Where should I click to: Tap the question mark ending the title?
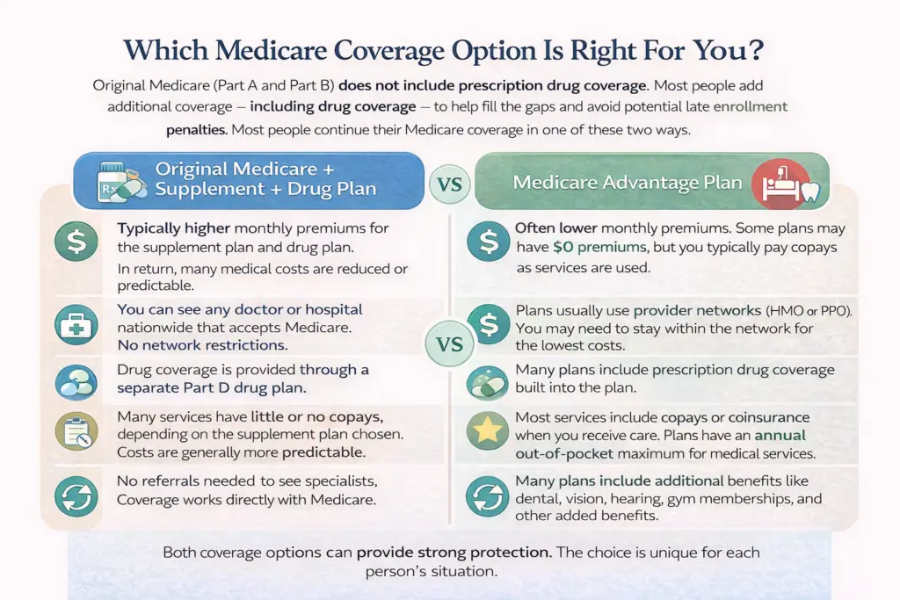click(x=756, y=50)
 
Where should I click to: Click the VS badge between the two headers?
click(x=449, y=184)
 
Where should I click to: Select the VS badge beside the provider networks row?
click(x=449, y=344)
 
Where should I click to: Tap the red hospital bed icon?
click(x=780, y=184)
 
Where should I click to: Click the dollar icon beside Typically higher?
click(x=76, y=242)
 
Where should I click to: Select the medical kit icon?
click(x=76, y=325)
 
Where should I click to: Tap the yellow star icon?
click(x=487, y=430)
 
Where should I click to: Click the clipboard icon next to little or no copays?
click(x=76, y=431)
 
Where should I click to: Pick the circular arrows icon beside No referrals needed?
click(x=76, y=496)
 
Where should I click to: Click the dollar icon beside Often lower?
click(x=489, y=242)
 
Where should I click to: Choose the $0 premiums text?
click(x=592, y=247)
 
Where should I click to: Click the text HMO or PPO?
click(x=809, y=311)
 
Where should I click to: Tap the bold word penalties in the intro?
click(x=196, y=130)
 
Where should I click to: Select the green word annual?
click(x=780, y=436)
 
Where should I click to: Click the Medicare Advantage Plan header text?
click(x=628, y=183)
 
